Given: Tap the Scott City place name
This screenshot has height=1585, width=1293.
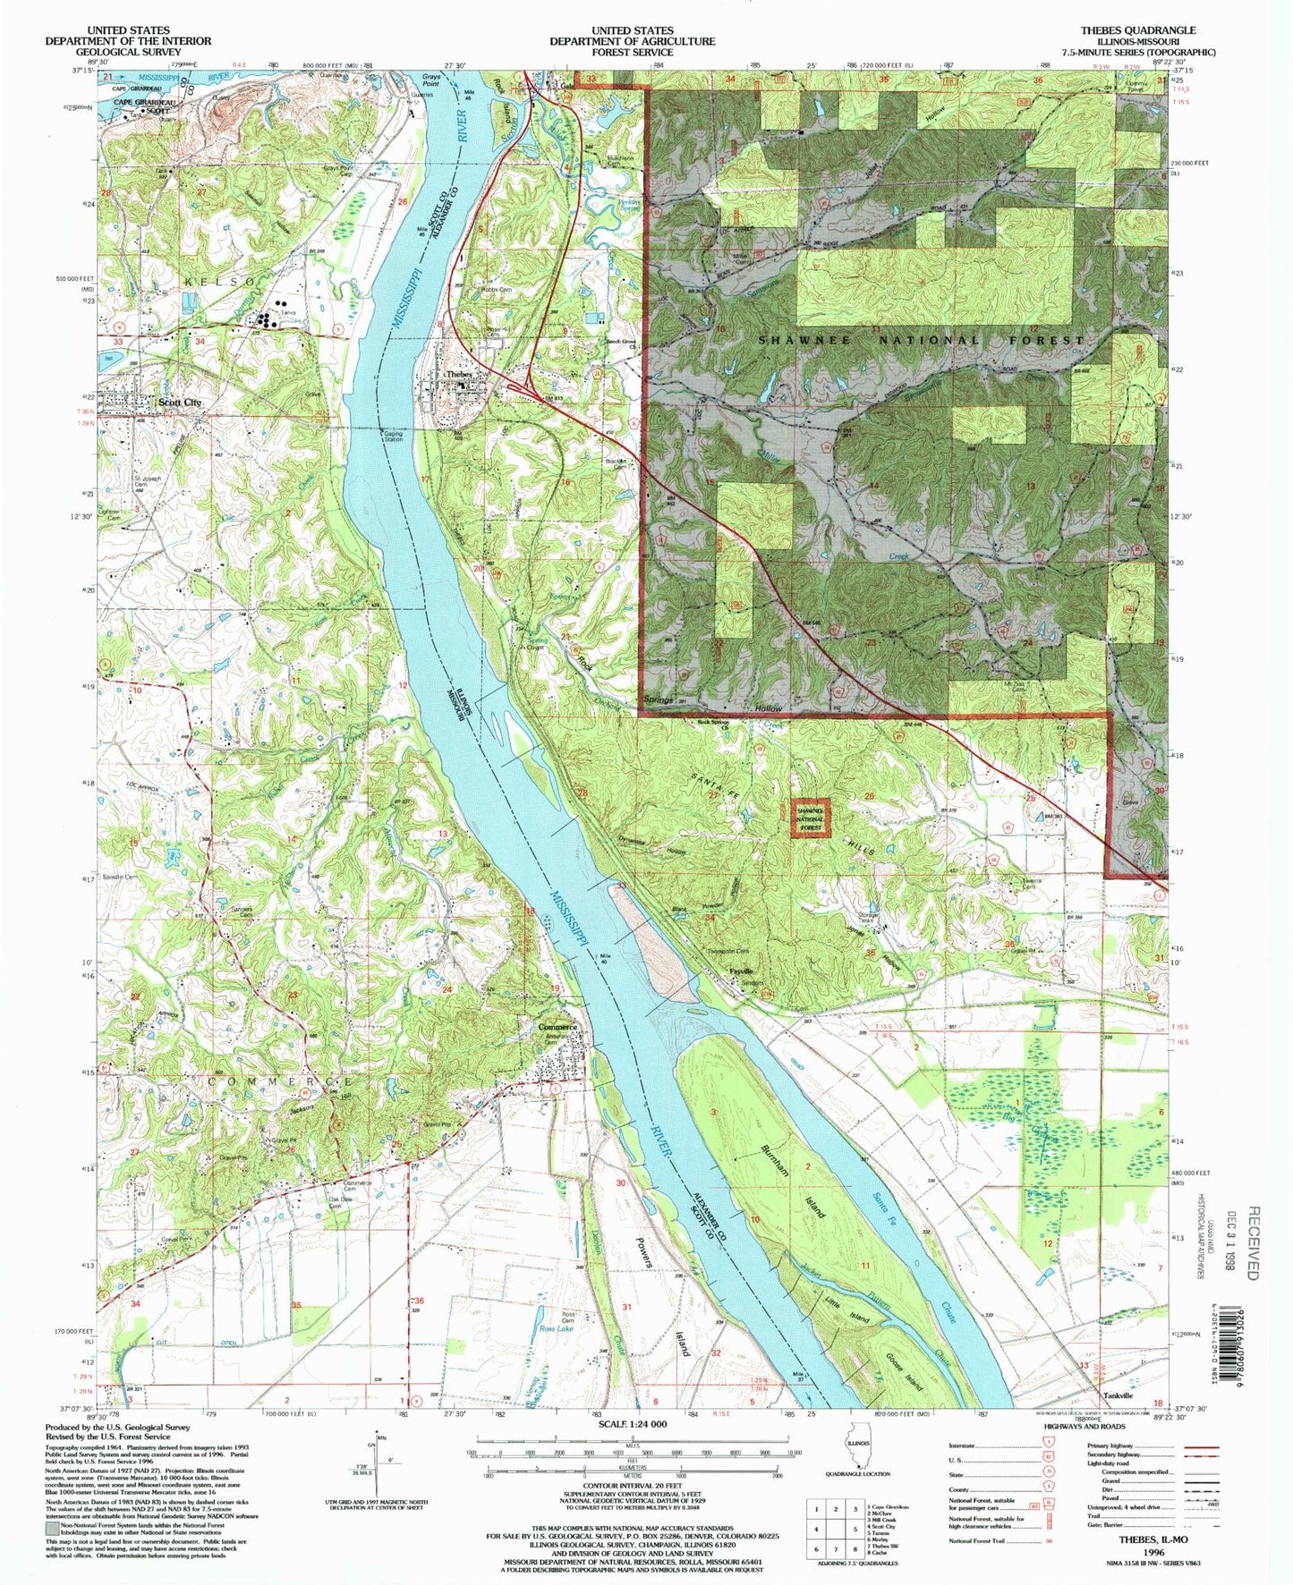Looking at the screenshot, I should [180, 403].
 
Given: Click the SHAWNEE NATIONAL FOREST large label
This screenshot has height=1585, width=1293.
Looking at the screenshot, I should [922, 340].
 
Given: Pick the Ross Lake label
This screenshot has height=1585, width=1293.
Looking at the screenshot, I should [555, 1329].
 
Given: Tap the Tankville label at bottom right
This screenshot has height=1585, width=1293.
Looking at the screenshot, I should [1119, 1394].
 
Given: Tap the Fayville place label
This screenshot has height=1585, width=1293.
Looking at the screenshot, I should [742, 971].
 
